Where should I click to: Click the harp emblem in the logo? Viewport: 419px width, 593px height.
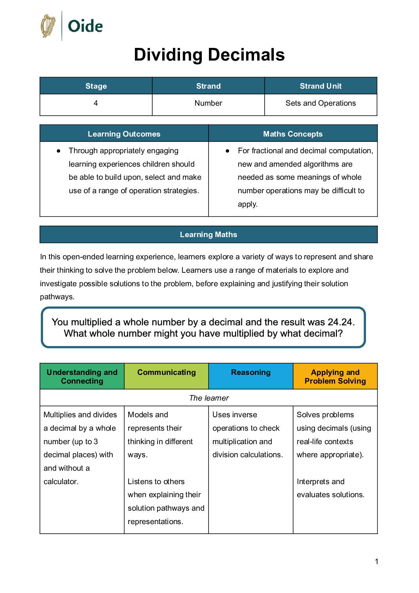click(x=48, y=26)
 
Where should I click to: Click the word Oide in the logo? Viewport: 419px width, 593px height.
click(x=85, y=27)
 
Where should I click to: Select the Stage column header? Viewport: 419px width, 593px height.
click(x=96, y=86)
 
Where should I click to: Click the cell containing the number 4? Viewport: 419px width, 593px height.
click(x=96, y=103)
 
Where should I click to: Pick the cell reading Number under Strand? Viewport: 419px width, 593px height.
click(x=208, y=103)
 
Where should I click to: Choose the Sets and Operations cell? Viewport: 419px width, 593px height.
click(x=320, y=103)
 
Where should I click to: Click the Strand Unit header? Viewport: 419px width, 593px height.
click(x=320, y=86)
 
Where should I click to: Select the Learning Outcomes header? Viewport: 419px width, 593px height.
click(x=124, y=134)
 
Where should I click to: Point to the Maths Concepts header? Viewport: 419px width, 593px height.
click(x=293, y=134)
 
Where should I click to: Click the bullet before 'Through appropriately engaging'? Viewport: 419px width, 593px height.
click(x=59, y=151)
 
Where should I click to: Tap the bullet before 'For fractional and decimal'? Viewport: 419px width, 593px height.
click(x=228, y=151)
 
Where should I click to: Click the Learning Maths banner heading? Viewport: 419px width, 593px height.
click(x=209, y=234)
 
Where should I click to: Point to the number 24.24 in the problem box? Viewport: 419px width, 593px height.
click(x=339, y=322)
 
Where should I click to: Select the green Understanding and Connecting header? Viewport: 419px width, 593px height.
click(x=82, y=376)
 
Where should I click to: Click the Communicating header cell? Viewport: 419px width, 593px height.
click(x=166, y=373)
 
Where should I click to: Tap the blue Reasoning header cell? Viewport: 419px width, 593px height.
click(x=251, y=373)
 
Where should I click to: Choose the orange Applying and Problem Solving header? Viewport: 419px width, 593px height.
click(x=335, y=376)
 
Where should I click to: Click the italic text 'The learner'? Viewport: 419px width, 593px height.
click(x=209, y=398)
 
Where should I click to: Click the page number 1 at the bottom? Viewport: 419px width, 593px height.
click(x=376, y=561)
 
